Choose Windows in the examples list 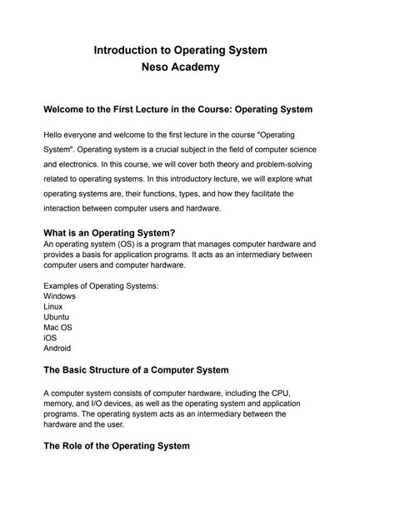coord(59,296)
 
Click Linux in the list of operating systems coord(53,307)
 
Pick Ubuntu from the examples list coord(57,317)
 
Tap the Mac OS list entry coord(58,328)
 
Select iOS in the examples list coord(50,338)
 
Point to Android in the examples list coord(57,349)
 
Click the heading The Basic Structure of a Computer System coord(136,369)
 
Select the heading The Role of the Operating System coord(117,445)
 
